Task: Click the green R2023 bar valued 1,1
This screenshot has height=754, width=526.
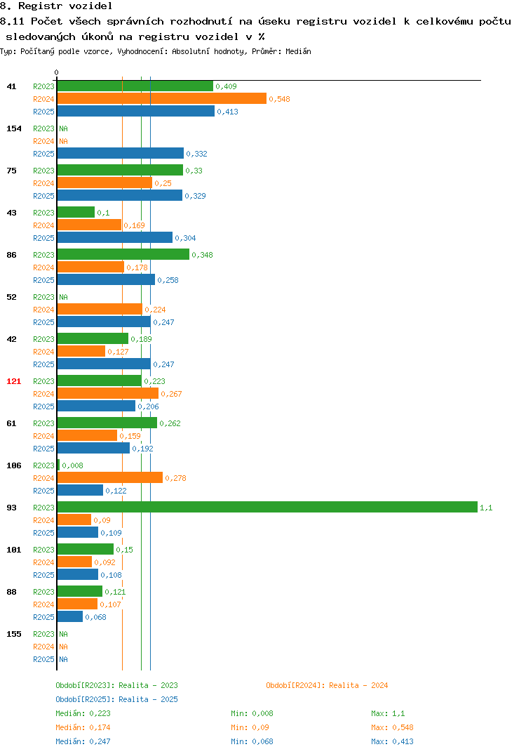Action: click(x=268, y=508)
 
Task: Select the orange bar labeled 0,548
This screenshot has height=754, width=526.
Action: click(x=162, y=98)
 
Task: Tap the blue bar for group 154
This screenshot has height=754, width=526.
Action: click(x=121, y=153)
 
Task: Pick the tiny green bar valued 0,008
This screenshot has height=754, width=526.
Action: click(x=59, y=465)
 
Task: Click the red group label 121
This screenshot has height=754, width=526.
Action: click(x=13, y=381)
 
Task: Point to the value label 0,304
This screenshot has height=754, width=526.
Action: click(x=185, y=238)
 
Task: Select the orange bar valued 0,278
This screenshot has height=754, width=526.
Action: click(x=110, y=477)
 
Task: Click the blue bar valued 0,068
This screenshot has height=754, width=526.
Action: click(x=70, y=616)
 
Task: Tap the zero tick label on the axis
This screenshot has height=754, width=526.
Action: click(x=56, y=72)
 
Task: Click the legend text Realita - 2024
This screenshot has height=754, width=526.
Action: click(x=358, y=685)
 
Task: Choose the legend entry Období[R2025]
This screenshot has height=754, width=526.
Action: click(x=85, y=699)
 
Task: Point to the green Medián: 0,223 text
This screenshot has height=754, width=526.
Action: click(x=83, y=713)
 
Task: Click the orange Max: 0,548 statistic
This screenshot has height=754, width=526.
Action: click(x=392, y=727)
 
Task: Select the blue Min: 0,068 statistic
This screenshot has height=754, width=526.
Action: click(x=252, y=741)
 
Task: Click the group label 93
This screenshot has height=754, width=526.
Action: click(x=11, y=508)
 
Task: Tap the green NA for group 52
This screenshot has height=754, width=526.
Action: click(x=63, y=297)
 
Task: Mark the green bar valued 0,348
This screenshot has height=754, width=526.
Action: click(x=123, y=254)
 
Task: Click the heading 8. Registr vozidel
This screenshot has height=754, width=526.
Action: click(x=56, y=6)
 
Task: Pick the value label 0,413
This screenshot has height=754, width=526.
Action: click(x=227, y=112)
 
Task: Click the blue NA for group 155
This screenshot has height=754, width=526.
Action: click(x=63, y=659)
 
